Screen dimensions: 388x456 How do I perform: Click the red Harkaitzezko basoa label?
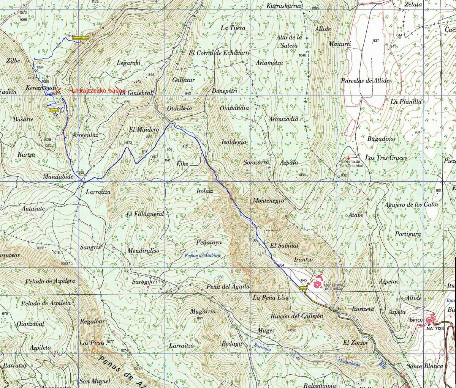tap(97, 91)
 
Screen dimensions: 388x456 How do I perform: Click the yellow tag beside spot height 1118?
tap(53, 110)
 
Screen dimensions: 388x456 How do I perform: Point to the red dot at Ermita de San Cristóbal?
tap(348, 158)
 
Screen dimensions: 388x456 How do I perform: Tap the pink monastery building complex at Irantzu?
tap(317, 283)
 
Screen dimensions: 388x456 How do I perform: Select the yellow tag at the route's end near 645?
tap(303, 288)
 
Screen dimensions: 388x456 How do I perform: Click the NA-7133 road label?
tap(435, 328)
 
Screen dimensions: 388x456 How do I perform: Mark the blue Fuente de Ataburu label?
tap(197, 255)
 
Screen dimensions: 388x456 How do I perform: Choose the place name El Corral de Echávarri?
tap(219, 53)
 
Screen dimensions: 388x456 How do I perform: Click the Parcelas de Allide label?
tap(365, 80)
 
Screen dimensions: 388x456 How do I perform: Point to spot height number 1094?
tap(40, 67)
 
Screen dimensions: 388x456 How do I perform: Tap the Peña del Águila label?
tap(228, 287)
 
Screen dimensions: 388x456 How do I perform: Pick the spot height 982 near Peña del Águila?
tap(220, 277)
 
